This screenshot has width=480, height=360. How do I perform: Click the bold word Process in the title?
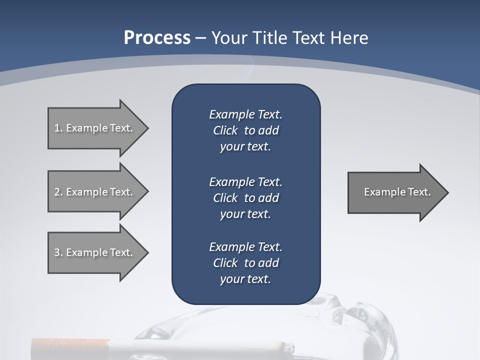(x=157, y=37)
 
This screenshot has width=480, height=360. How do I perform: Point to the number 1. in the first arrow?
(x=58, y=128)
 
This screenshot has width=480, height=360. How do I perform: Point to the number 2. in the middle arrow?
(x=58, y=192)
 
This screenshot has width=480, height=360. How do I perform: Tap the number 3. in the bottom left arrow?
(x=58, y=252)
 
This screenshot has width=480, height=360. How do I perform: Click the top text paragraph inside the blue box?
(x=245, y=130)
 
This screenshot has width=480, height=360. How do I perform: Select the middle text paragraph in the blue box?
(x=245, y=197)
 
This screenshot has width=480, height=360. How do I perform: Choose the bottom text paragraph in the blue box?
(x=245, y=263)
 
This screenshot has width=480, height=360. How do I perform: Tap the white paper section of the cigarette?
(x=190, y=347)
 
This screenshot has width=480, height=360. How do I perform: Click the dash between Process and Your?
(x=200, y=38)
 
